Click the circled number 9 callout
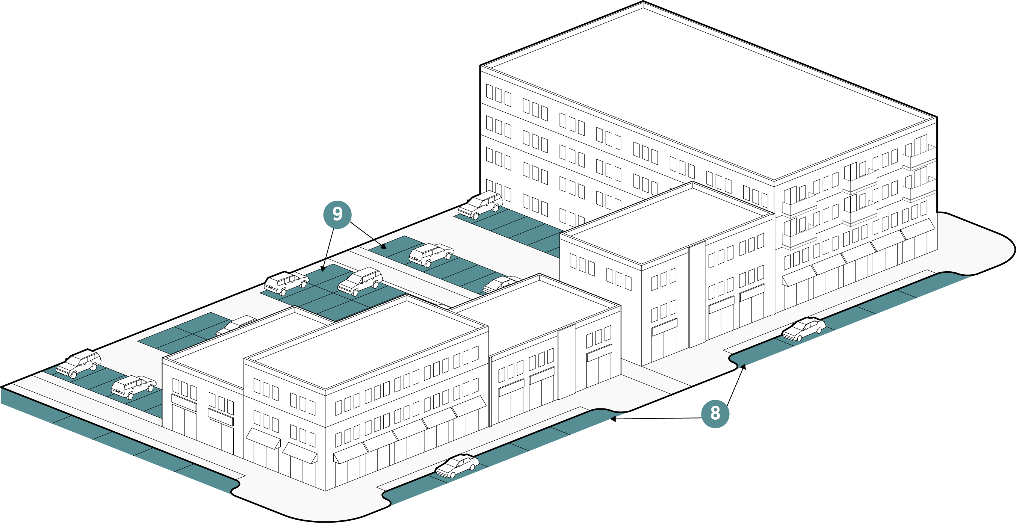coord(337,215)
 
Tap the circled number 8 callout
coord(715,414)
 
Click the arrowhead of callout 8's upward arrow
coord(744,366)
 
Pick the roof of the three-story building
coord(667,225)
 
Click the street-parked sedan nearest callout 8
coord(803,329)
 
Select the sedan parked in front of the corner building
coord(457,466)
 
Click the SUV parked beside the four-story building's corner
coord(481,204)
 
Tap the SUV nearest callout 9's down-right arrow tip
coord(431,254)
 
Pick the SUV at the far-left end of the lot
coord(79,364)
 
